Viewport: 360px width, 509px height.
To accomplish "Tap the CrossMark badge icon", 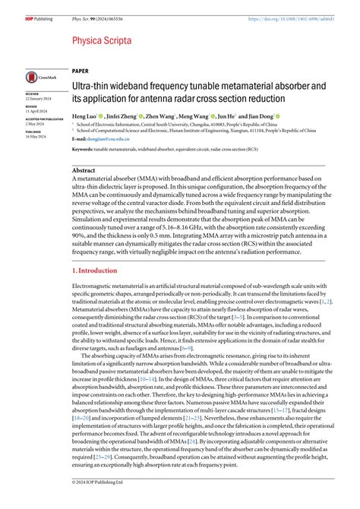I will (x=38, y=77).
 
